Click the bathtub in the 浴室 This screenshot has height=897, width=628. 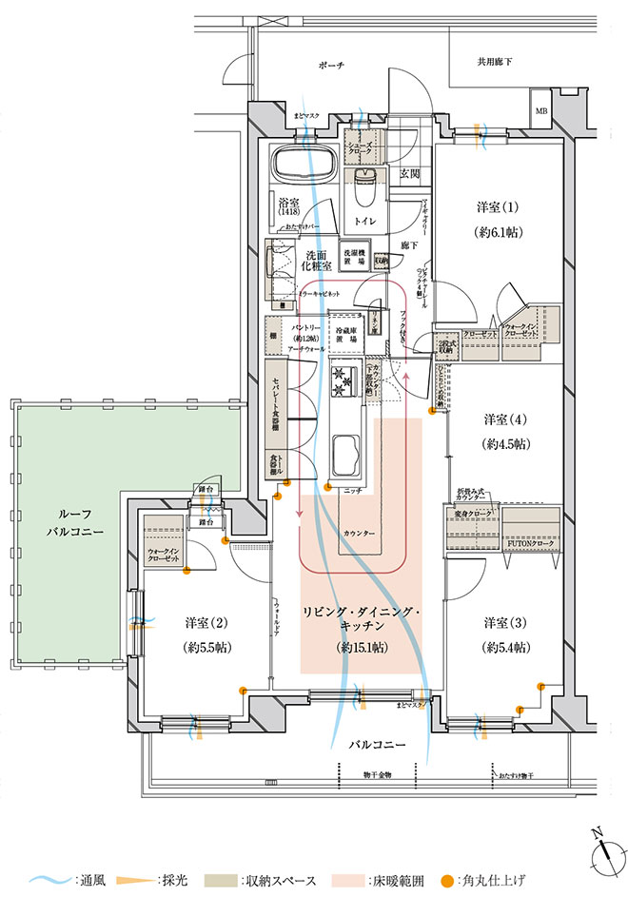pyautogui.click(x=300, y=168)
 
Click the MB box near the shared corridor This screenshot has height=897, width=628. pyautogui.click(x=541, y=110)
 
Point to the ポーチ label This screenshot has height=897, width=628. pyautogui.click(x=331, y=66)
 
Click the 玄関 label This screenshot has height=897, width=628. pyautogui.click(x=409, y=174)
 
